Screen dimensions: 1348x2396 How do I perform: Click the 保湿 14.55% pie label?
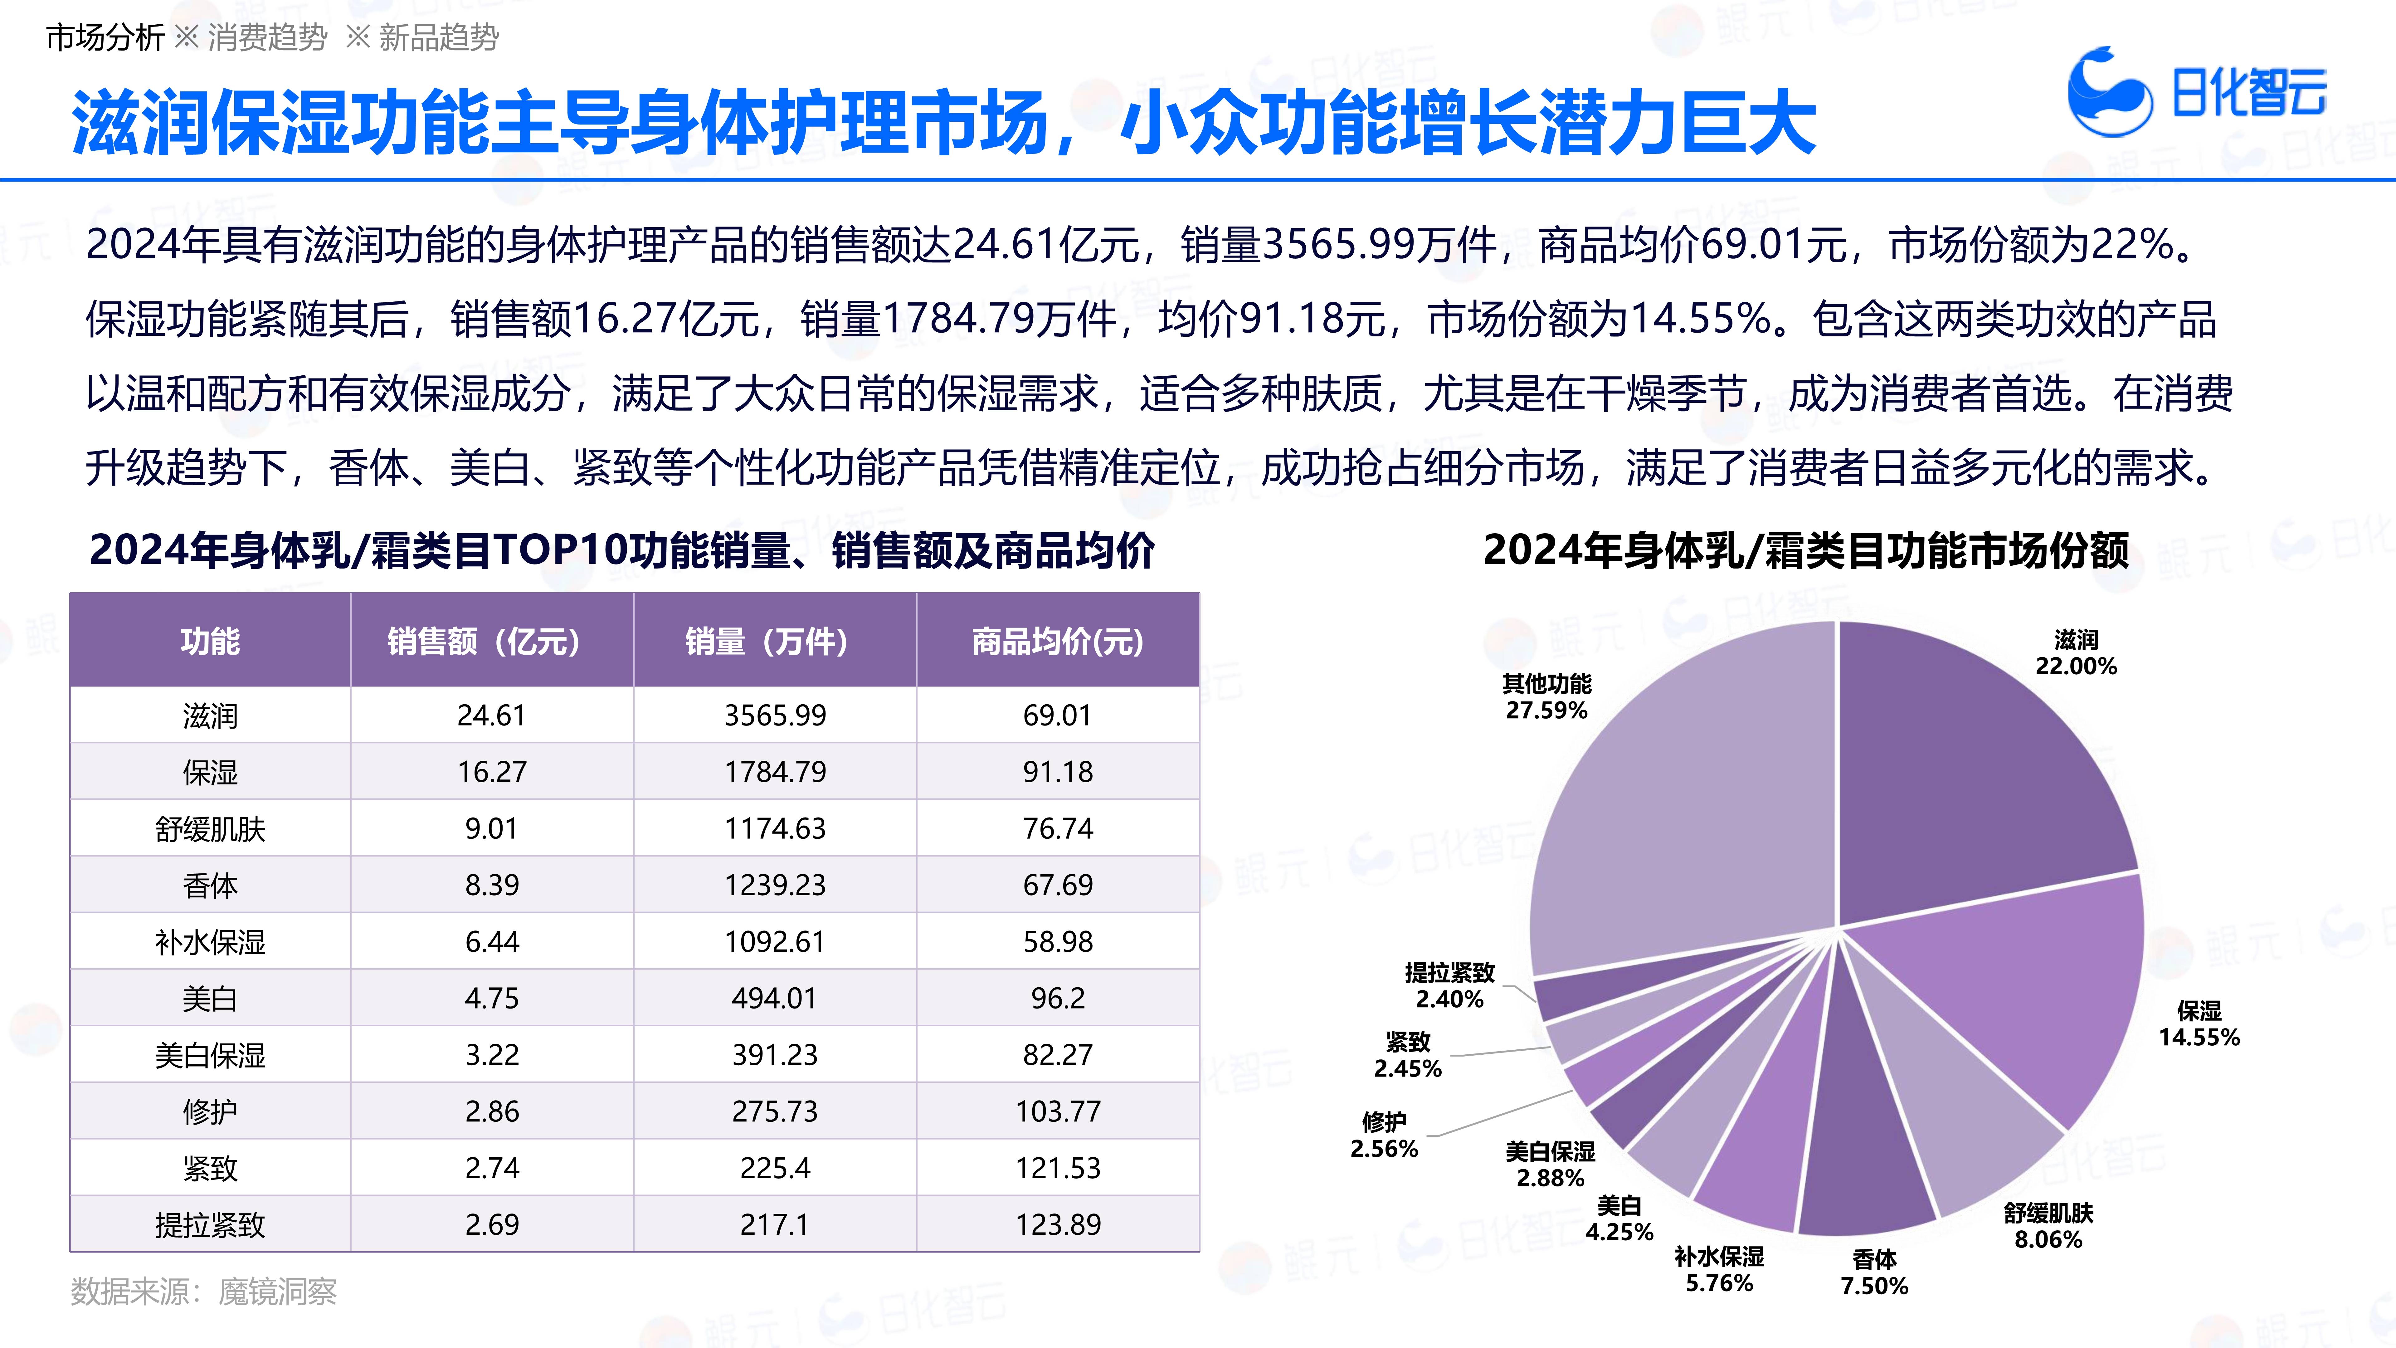[2199, 1024]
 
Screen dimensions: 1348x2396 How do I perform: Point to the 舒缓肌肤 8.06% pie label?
[2048, 1226]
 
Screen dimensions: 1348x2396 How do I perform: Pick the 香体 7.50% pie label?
[1874, 1273]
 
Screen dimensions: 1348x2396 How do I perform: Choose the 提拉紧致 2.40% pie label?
[1449, 986]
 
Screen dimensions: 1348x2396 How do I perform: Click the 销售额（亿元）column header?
[491, 641]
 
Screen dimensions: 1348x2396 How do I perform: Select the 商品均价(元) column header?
[1058, 641]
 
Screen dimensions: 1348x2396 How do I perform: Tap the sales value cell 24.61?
[491, 716]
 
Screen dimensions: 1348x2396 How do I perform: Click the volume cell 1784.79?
[775, 772]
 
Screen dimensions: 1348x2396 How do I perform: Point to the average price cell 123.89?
[1058, 1224]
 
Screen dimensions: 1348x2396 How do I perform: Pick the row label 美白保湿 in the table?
[210, 1055]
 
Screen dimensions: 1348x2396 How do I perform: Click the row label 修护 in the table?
[210, 1112]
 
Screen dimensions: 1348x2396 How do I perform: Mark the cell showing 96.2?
[1058, 998]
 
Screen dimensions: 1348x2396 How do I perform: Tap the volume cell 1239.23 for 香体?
[775, 885]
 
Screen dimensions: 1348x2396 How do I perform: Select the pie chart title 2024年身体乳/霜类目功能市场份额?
[1805, 550]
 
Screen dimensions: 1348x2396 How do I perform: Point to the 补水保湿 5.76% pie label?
[1719, 1270]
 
